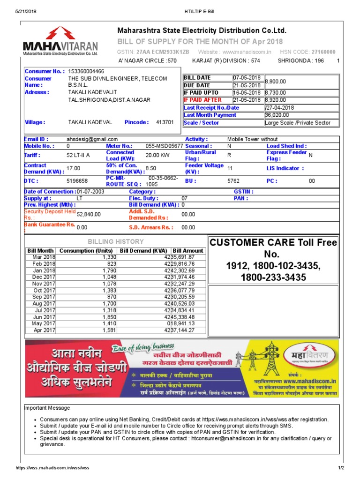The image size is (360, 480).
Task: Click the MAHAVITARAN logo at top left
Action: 60,41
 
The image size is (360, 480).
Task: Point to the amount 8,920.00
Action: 276,100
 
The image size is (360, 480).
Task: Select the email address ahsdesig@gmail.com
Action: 92,140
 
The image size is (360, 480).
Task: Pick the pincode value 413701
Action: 165,122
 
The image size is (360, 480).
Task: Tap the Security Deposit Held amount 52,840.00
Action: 89,214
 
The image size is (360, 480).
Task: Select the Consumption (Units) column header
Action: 86,251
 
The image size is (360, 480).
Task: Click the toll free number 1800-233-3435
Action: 273,277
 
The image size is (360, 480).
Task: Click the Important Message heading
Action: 47,408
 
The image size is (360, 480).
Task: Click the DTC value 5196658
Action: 77,180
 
